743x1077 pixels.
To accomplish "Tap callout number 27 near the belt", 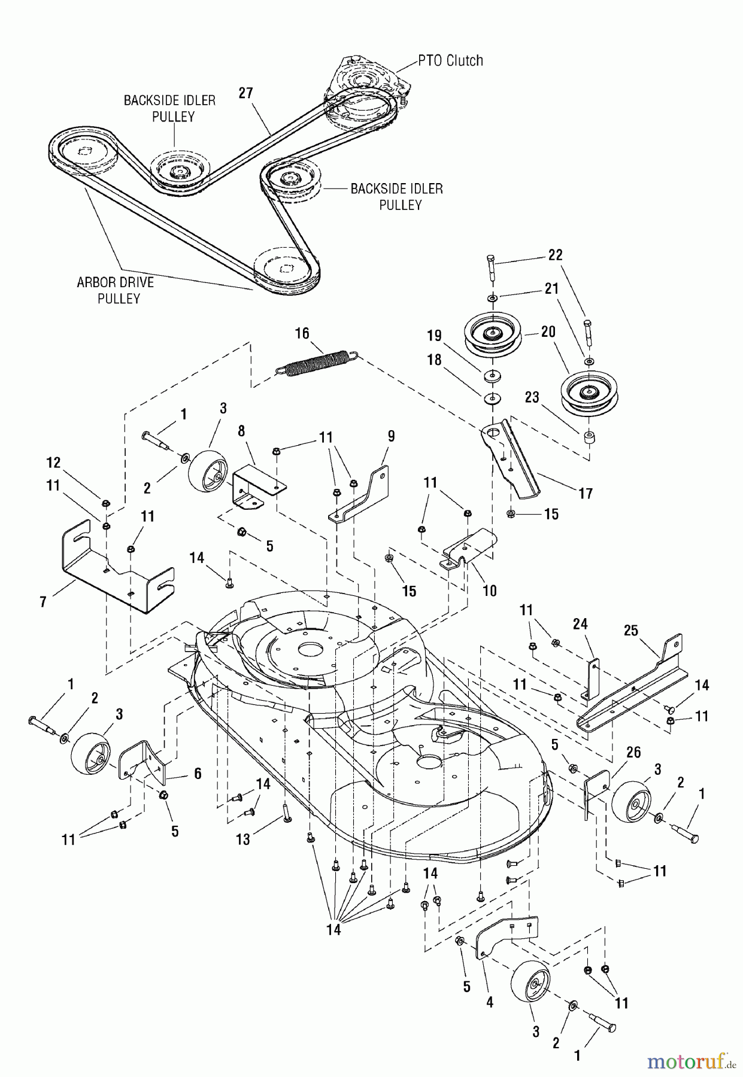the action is coord(245,93).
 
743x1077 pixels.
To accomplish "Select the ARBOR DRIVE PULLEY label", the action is coord(115,290).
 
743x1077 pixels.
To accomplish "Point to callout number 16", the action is coord(302,333).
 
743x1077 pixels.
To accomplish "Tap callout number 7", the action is coord(43,601).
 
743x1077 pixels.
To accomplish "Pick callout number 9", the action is coord(391,436).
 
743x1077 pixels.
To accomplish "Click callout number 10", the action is coord(490,591).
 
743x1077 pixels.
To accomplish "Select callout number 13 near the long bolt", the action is coord(242,840).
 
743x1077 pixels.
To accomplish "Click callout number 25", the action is coord(630,631).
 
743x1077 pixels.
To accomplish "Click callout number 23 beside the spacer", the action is coord(532,397).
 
